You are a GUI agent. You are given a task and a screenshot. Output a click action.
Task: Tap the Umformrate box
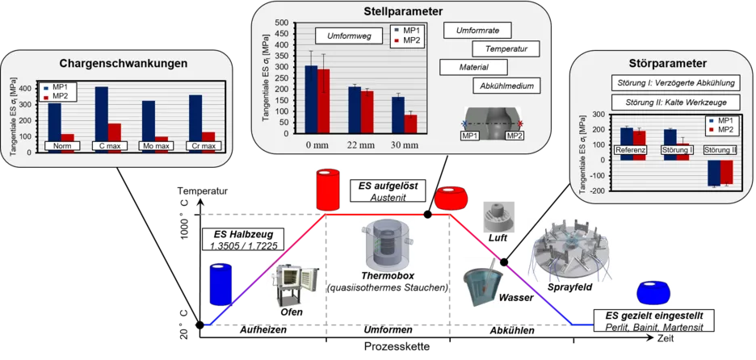[x=477, y=31]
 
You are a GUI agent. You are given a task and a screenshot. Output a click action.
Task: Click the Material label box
[x=473, y=68]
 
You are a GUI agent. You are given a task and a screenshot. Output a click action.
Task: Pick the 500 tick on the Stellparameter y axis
[x=280, y=23]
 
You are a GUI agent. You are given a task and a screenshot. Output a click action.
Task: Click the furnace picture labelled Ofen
[x=292, y=287]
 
